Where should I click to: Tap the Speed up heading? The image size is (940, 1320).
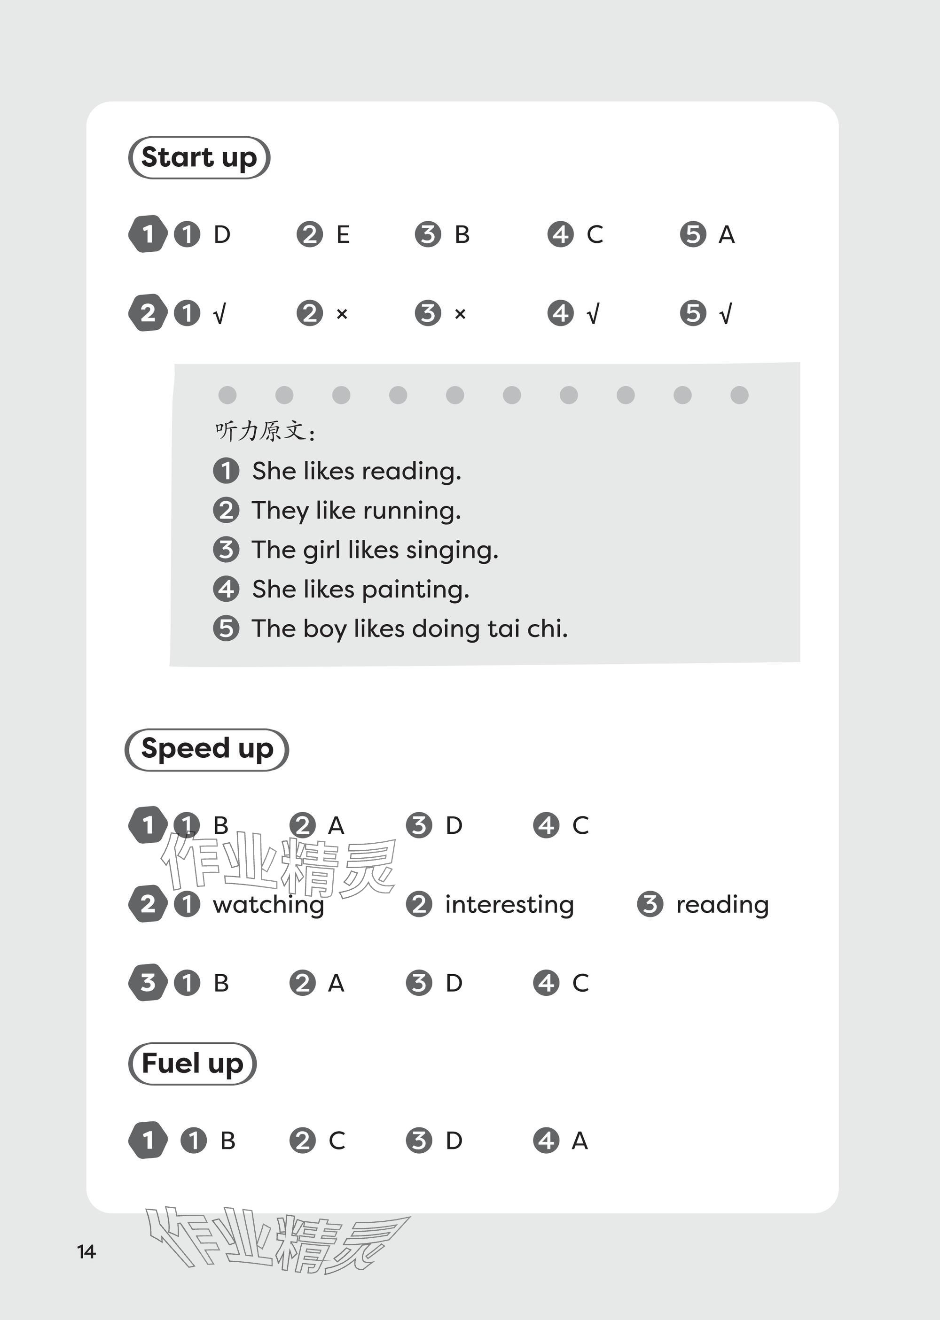point(207,749)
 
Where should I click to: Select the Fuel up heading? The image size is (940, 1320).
point(192,1063)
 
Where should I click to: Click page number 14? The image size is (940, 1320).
point(86,1251)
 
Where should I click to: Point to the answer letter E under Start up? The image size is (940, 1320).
point(343,235)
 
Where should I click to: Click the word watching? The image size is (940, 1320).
point(268,905)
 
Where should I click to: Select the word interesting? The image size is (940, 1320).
point(509,905)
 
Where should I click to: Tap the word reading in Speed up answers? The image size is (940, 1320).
point(722,905)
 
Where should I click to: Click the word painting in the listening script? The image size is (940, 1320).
point(415,590)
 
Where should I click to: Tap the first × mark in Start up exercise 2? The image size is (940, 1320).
point(342,314)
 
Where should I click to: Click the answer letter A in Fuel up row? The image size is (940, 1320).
point(580,1141)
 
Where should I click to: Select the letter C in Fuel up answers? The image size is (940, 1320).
point(337,1141)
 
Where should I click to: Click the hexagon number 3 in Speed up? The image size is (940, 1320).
point(148,983)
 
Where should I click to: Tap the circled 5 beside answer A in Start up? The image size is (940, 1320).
point(693,235)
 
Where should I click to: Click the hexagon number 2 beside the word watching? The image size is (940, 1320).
point(148,904)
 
